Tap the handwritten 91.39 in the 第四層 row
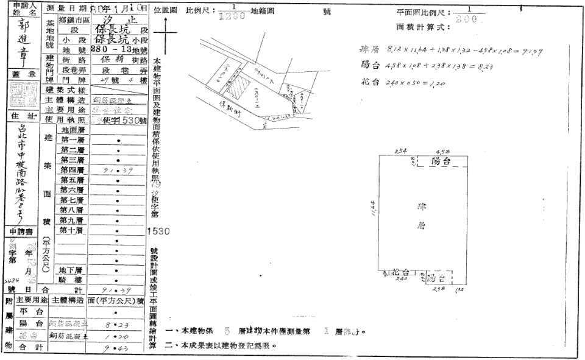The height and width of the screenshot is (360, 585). (116, 171)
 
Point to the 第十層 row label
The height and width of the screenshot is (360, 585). (73, 230)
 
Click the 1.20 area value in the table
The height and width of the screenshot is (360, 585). (116, 336)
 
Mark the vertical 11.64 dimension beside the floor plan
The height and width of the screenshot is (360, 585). (374, 209)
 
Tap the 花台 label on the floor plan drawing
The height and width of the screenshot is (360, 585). (400, 272)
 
